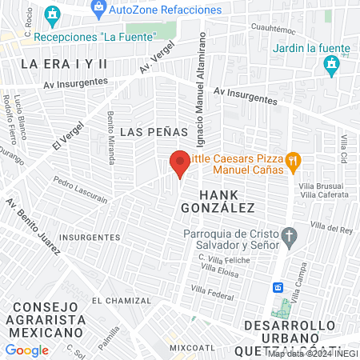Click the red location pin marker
point(181,163)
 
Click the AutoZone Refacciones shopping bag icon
point(98,10)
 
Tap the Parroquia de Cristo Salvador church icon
point(290,238)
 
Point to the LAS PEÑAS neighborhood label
point(153,130)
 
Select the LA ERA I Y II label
point(64,62)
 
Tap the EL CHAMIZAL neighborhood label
point(121,301)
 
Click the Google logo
point(26,350)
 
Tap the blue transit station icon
point(278,287)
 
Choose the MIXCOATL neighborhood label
point(193,349)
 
